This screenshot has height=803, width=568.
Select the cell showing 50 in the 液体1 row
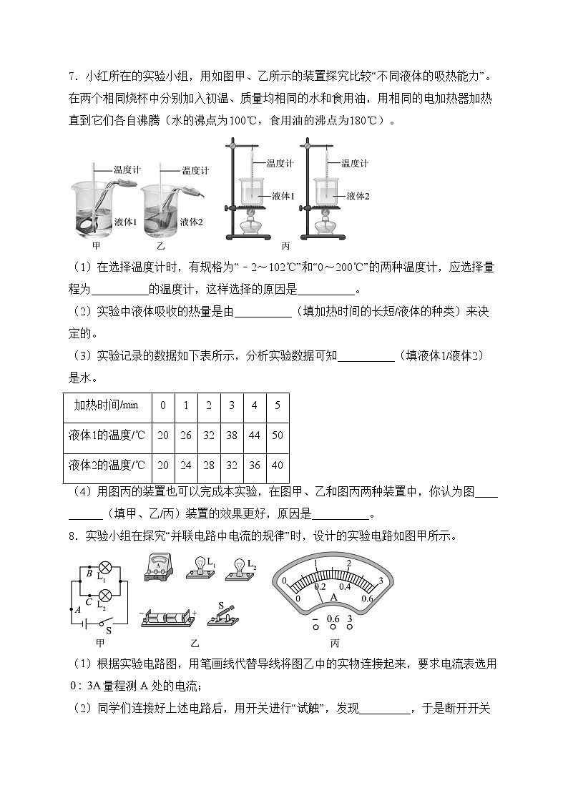(277, 435)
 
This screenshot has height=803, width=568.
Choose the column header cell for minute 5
(277, 405)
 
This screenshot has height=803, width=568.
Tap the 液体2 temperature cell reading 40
(277, 465)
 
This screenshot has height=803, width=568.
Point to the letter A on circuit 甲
(77, 609)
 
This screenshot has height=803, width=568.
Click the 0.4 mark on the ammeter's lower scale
(345, 586)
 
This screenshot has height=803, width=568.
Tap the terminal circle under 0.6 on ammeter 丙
(333, 629)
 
